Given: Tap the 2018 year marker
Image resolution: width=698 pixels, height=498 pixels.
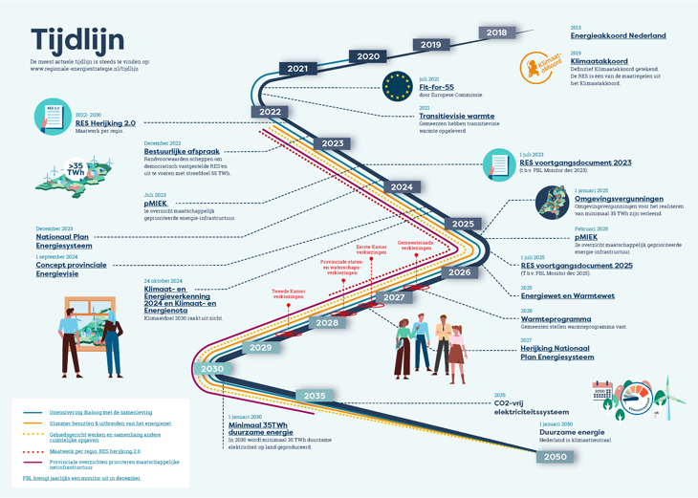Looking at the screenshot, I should pyautogui.click(x=496, y=32).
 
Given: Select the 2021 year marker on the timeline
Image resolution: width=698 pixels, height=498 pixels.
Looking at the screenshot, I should pyautogui.click(x=297, y=69).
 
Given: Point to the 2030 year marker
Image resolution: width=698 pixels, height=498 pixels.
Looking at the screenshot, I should pyautogui.click(x=211, y=369).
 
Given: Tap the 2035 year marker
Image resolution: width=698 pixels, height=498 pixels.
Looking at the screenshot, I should pyautogui.click(x=315, y=396).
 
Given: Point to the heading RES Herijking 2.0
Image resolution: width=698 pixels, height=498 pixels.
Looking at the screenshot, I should pyautogui.click(x=105, y=123).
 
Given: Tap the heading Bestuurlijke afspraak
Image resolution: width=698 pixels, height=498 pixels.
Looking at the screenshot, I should pyautogui.click(x=182, y=151).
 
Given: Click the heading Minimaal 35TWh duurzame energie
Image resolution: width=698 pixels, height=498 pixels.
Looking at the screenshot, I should pyautogui.click(x=262, y=430).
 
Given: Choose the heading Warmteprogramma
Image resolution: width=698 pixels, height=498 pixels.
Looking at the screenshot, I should pyautogui.click(x=556, y=319).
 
